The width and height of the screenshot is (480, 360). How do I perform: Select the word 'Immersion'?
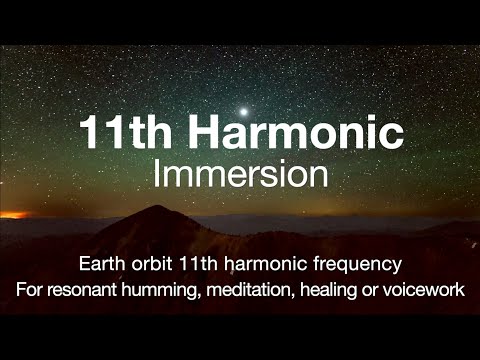[x=240, y=174]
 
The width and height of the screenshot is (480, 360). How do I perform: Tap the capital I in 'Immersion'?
[x=158, y=174]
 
